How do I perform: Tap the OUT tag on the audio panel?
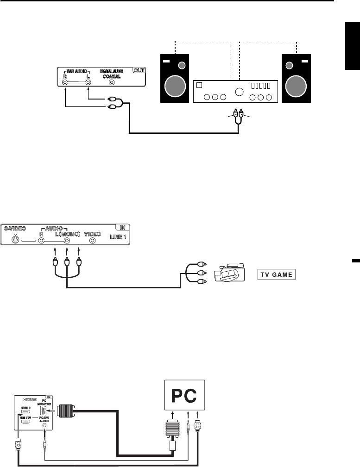[x=139, y=71]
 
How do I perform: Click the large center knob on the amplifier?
[x=239, y=92]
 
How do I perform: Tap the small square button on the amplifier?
[x=199, y=86]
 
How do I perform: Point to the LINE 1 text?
[x=119, y=237]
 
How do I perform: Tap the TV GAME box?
[x=277, y=274]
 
